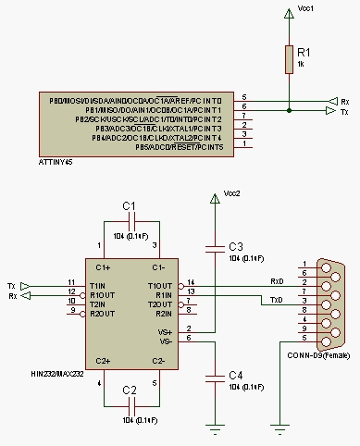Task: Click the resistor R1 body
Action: pyautogui.click(x=289, y=60)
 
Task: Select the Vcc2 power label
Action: pyautogui.click(x=232, y=193)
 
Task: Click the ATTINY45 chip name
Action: pyautogui.click(x=56, y=161)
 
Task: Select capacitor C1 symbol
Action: pyautogui.click(x=130, y=221)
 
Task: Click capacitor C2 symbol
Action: pyautogui.click(x=130, y=404)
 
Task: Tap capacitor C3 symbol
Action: pyautogui.click(x=216, y=247)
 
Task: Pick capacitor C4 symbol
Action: pyautogui.click(x=216, y=375)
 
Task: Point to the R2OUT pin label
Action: pyautogui.click(x=101, y=312)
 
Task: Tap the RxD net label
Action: pyautogui.click(x=276, y=280)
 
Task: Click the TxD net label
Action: pyautogui.click(x=276, y=299)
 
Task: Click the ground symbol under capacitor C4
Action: pyautogui.click(x=216, y=427)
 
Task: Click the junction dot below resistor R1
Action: pyautogui.click(x=289, y=110)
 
